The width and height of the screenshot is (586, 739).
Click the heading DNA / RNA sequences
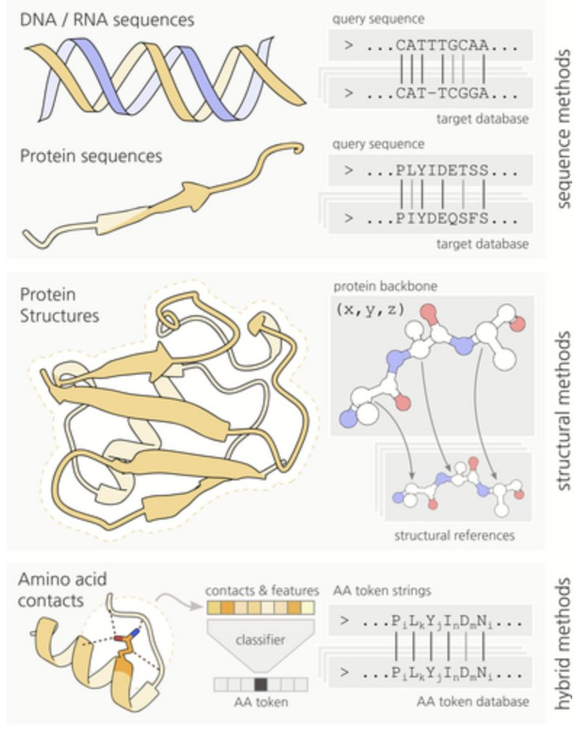point(107,20)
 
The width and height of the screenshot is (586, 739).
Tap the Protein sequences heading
point(91,156)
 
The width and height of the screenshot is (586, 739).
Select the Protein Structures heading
point(59,306)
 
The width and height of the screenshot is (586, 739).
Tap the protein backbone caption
point(386,286)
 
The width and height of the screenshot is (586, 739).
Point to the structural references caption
point(454,535)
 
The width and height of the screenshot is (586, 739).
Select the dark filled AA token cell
point(261,683)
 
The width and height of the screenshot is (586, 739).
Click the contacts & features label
point(262,591)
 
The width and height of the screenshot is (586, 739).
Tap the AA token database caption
point(472,701)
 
